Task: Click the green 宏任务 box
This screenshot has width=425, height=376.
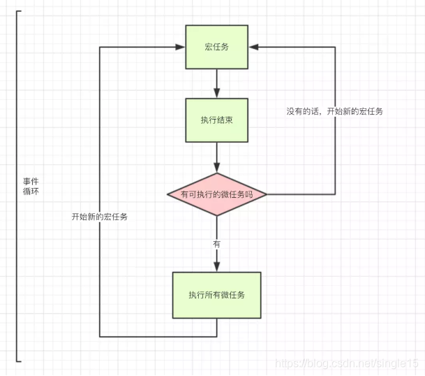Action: pyautogui.click(x=216, y=47)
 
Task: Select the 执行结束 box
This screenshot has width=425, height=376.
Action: pyautogui.click(x=216, y=120)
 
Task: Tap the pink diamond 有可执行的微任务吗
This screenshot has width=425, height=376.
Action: pyautogui.click(x=216, y=194)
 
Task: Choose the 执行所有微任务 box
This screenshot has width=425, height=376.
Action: pyautogui.click(x=216, y=294)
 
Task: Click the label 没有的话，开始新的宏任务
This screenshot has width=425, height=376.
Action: pyautogui.click(x=334, y=111)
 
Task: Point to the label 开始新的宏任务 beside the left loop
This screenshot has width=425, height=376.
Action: pyautogui.click(x=100, y=217)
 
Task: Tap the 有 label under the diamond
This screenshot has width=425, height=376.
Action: pyautogui.click(x=216, y=243)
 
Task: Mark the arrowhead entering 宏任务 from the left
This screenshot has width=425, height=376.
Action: pyautogui.click(x=180, y=47)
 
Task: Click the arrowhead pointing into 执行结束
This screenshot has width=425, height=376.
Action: pyautogui.click(x=216, y=94)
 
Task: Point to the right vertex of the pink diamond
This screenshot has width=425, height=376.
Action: pyautogui.click(x=267, y=194)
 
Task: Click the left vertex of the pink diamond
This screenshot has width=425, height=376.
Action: pyautogui.click(x=167, y=194)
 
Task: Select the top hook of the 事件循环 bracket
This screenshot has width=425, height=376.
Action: pyautogui.click(x=19, y=11)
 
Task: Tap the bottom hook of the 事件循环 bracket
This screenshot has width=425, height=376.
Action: pyautogui.click(x=19, y=361)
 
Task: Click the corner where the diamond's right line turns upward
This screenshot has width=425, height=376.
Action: pyautogui.click(x=335, y=194)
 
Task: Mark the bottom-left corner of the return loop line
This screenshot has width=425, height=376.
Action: pyautogui.click(x=100, y=337)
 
